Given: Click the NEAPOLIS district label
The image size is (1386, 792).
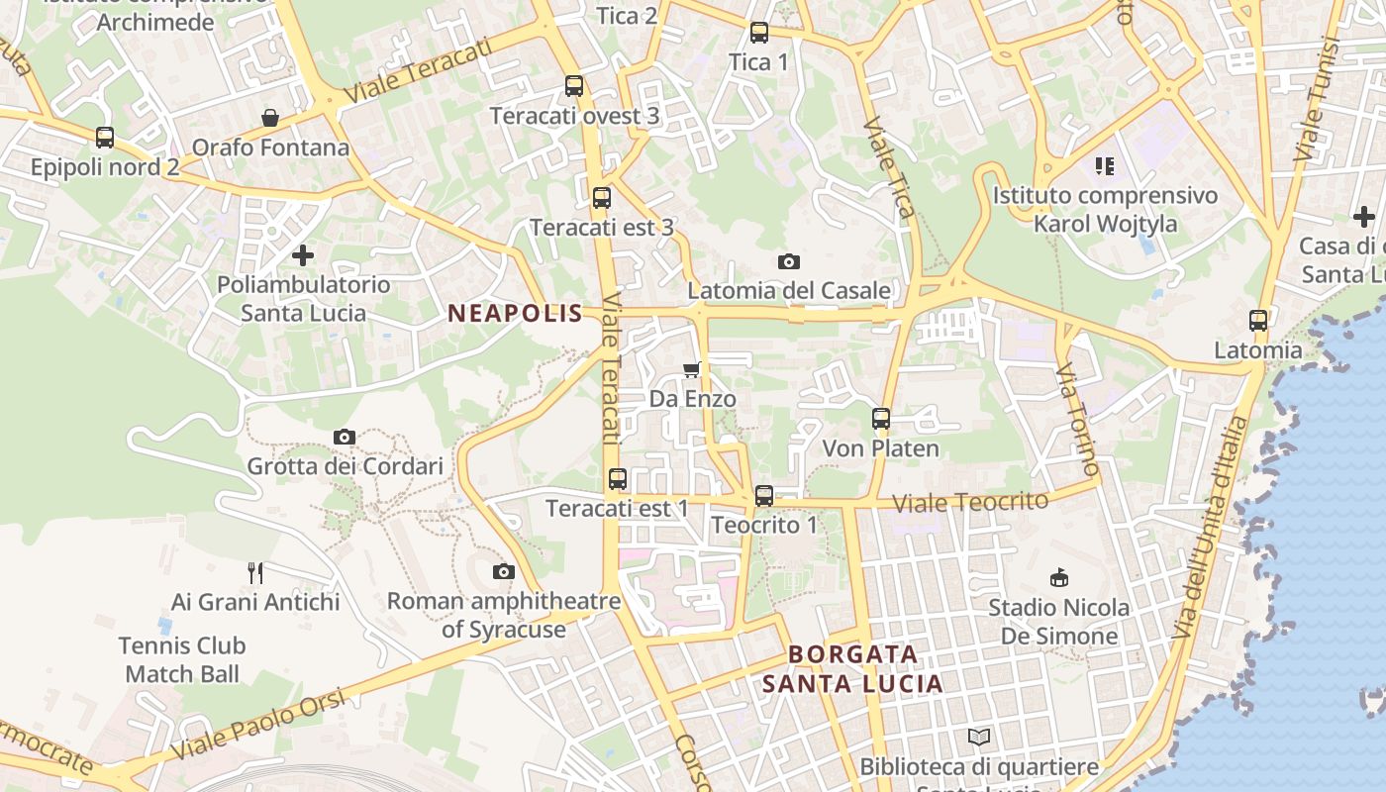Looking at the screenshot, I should coord(515,314).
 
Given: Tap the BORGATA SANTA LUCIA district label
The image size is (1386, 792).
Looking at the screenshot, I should coord(853,669).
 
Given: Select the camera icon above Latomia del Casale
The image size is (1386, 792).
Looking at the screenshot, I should coord(788,261).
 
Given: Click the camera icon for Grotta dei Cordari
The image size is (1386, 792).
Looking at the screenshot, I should coord(345,437).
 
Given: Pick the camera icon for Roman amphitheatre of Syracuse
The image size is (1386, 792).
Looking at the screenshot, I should coord(504,571).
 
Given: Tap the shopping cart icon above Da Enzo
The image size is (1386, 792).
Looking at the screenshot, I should coord(691,369).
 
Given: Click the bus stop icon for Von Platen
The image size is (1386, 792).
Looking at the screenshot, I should coord(881,419).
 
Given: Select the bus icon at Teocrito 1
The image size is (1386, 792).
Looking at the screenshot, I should coord(763,496).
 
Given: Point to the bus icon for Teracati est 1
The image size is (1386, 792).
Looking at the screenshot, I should coord(618,479).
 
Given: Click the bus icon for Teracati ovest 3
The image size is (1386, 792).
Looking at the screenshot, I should coord(574,86).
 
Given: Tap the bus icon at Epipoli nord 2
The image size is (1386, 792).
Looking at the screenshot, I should coord(105,138).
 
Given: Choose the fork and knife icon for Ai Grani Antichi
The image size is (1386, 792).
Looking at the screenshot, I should coord(255,572).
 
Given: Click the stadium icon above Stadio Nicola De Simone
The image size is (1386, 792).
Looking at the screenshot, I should coord(1058,577).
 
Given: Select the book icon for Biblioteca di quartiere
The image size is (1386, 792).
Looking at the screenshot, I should coord(979,737).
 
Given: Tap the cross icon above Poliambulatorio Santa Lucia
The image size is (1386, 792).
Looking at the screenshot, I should coord(303,255).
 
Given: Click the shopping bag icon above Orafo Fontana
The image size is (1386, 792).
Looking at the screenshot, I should coord(270,119).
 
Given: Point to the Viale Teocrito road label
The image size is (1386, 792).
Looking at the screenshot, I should coord(970,502).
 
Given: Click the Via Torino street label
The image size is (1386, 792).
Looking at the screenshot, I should coord(1078,418).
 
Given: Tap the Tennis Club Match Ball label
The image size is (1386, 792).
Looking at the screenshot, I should coord(182,660).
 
